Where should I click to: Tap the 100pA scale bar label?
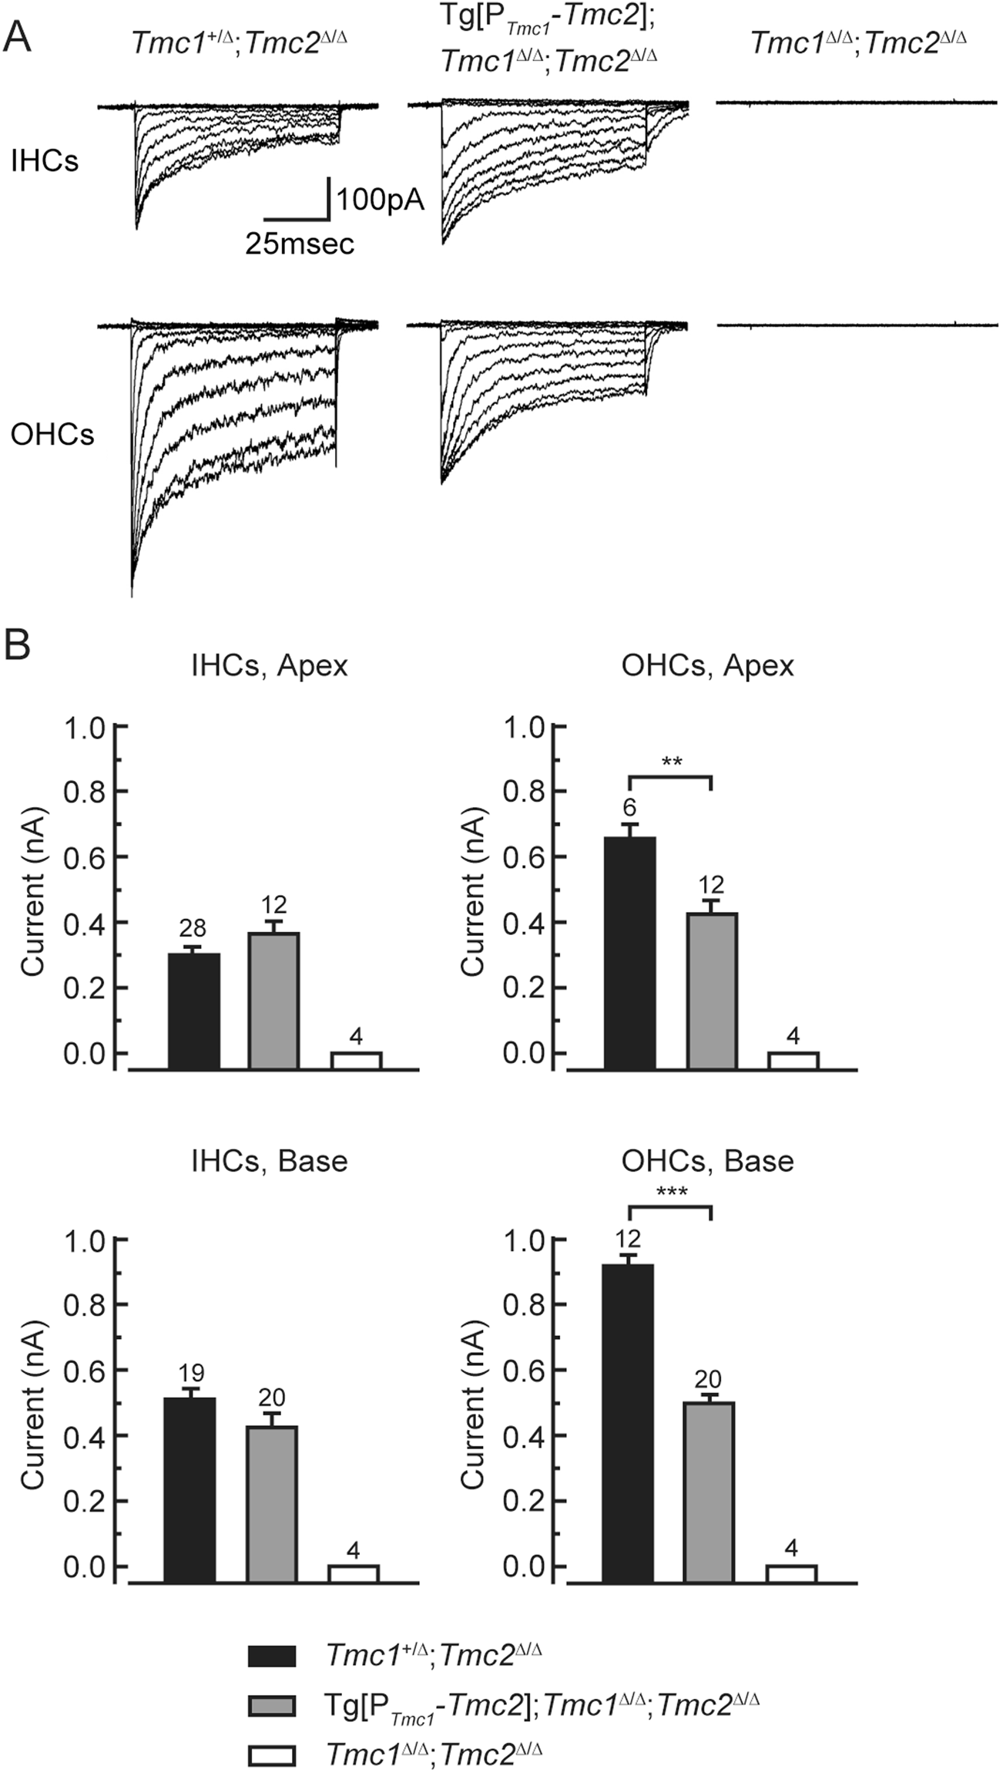(380, 200)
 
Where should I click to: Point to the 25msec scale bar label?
(300, 244)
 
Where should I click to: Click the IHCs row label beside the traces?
(45, 161)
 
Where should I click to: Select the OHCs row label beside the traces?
(52, 435)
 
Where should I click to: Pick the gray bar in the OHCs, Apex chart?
(712, 991)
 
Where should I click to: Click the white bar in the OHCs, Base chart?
(791, 1572)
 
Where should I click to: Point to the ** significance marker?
(671, 763)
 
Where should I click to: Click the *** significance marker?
(671, 1193)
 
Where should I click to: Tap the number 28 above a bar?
(193, 928)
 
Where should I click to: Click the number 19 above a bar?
(191, 1372)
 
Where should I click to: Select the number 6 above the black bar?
(630, 807)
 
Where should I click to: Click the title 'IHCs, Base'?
(269, 1161)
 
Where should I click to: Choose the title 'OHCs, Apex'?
(707, 665)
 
